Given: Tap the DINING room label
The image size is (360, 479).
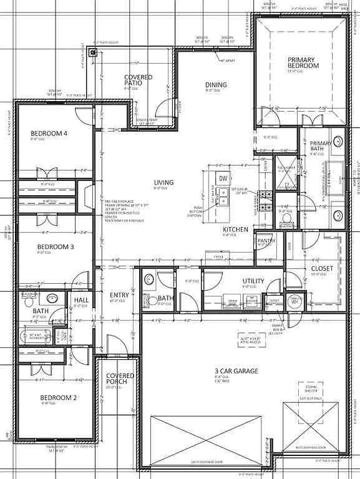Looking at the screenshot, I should pyautogui.click(x=216, y=85).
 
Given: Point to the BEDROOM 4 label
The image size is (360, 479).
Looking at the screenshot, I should pyautogui.click(x=49, y=133).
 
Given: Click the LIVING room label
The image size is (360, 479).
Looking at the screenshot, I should pyautogui.click(x=164, y=183).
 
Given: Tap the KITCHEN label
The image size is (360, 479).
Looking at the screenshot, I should pyautogui.click(x=236, y=230).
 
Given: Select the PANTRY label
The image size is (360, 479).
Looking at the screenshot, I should pyautogui.click(x=266, y=241).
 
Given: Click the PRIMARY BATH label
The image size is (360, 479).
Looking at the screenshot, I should pyautogui.click(x=321, y=147).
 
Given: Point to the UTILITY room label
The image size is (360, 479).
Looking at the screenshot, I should pyautogui.click(x=253, y=281).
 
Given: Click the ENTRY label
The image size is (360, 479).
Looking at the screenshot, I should pyautogui.click(x=119, y=295).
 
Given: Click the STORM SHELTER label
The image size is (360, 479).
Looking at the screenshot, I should pyautogui.click(x=310, y=389).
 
